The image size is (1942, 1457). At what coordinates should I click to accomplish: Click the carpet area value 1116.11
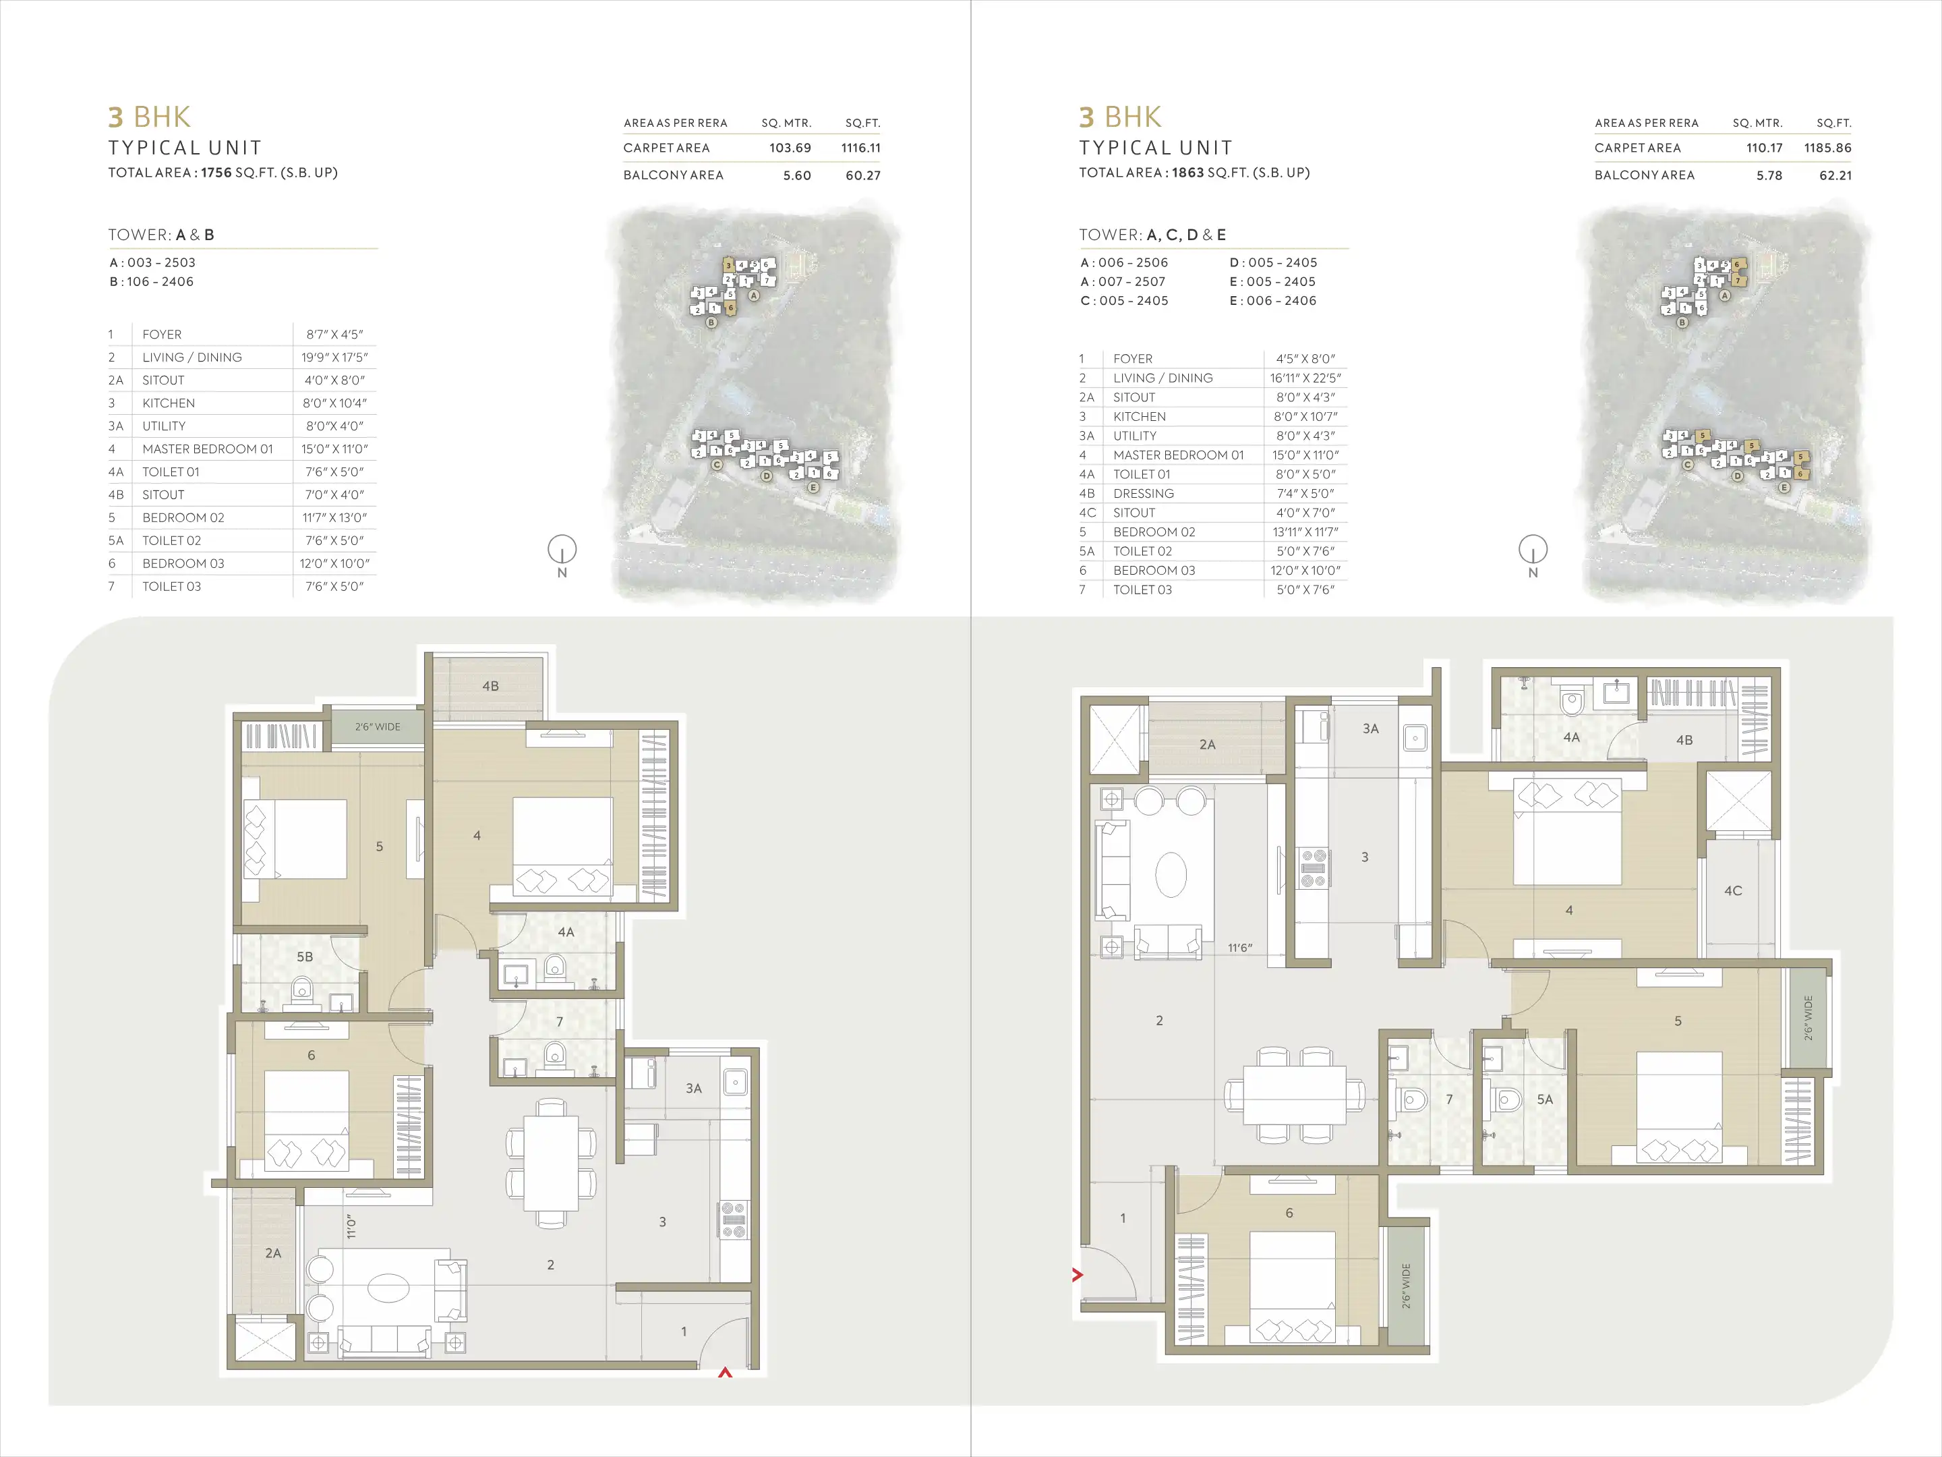(860, 148)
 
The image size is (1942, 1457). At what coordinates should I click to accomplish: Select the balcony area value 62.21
(1835, 175)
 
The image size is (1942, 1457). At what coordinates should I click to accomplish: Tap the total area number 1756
(216, 173)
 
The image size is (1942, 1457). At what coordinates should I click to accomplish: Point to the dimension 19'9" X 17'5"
(334, 358)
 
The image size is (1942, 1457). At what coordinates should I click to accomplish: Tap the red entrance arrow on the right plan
(1078, 1274)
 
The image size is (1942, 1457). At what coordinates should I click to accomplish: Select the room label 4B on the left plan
(490, 686)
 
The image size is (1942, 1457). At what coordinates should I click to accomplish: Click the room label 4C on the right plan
(1732, 890)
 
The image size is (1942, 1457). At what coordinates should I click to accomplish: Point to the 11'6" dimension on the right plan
(1239, 948)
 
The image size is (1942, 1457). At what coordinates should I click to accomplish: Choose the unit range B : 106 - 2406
(152, 282)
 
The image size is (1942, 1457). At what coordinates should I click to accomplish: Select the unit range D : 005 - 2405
(1273, 262)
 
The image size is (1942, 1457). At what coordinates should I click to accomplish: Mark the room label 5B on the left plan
(303, 956)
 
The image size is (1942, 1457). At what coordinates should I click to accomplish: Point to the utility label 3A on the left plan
(694, 1088)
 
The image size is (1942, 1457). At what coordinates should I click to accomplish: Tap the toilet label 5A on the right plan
(1544, 1099)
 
